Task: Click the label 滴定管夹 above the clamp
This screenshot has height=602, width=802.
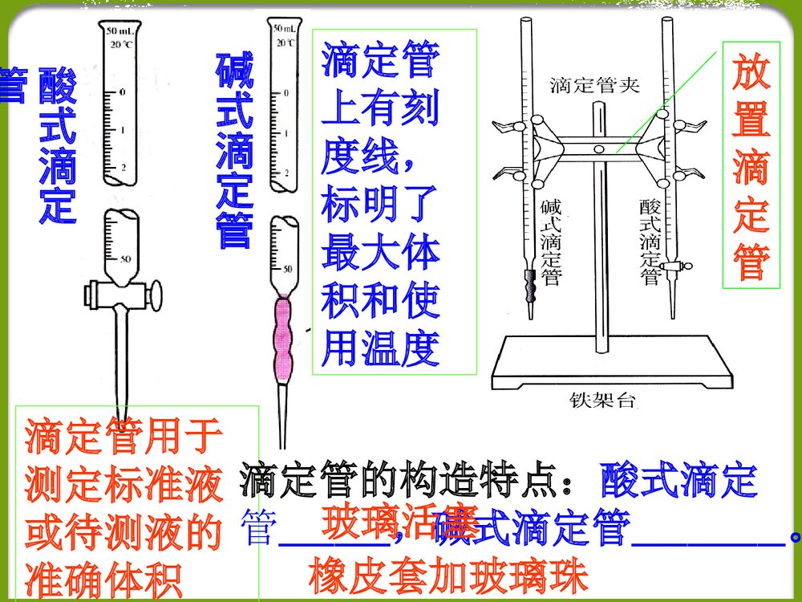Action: click(594, 86)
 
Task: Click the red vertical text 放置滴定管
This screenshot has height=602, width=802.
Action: click(751, 169)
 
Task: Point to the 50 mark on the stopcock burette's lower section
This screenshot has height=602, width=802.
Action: click(125, 258)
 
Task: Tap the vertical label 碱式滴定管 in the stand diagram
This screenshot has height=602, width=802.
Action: click(551, 241)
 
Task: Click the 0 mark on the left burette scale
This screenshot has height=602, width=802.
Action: click(122, 92)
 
